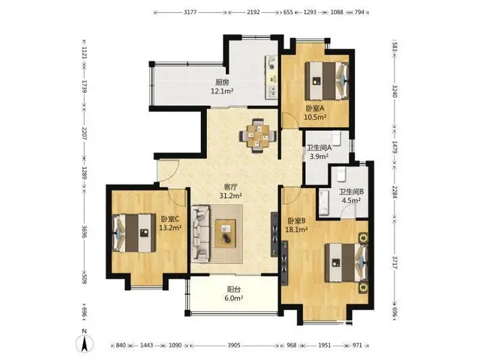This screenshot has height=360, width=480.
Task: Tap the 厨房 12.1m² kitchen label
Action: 222,87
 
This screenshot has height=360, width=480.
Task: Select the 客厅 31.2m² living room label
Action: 231,191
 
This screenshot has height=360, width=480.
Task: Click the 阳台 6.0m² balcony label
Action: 233,293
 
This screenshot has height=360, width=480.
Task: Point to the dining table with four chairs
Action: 258,135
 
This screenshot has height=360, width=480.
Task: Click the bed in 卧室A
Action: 327,81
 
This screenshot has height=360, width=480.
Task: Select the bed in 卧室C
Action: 133,233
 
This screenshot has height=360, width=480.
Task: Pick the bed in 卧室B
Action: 346,262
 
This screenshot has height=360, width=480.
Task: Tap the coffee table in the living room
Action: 225,233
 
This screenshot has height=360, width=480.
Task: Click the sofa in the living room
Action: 200,234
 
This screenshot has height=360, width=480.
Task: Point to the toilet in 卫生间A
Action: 337,138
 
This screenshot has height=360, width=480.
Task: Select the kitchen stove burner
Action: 271,62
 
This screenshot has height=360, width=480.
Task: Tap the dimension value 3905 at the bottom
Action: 233,345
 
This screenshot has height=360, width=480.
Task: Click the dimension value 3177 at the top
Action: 190,12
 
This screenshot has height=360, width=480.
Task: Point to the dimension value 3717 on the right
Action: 394,262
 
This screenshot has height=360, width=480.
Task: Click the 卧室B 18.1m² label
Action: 297,225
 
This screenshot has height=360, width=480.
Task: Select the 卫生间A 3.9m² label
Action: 319,151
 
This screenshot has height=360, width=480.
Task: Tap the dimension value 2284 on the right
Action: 394,192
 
